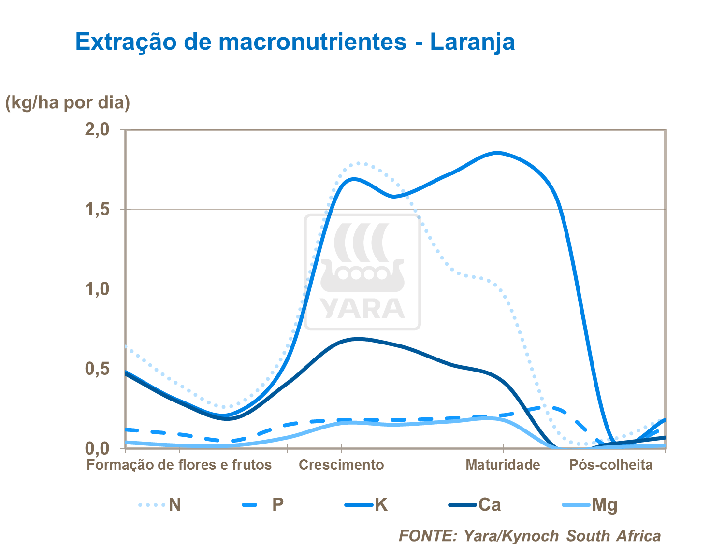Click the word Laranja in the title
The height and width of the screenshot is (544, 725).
tap(472, 42)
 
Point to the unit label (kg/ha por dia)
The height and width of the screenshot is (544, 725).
tap(68, 102)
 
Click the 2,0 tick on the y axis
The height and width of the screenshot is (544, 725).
tap(97, 129)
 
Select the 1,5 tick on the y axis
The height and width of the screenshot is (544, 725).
tap(97, 210)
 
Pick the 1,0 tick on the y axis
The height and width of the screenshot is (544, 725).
tap(97, 289)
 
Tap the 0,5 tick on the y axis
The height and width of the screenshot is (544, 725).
tap(97, 369)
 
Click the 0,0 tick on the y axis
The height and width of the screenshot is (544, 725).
tap(97, 448)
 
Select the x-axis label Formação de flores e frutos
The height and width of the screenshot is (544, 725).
tap(179, 465)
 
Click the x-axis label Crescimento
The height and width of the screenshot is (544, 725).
tap(341, 465)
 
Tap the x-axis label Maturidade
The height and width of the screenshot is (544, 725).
tap(503, 465)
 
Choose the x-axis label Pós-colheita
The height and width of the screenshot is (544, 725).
tap(611, 465)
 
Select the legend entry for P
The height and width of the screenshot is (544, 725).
tap(263, 505)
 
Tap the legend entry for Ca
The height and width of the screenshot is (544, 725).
tap(476, 505)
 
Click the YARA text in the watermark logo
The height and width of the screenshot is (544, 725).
tap(362, 309)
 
